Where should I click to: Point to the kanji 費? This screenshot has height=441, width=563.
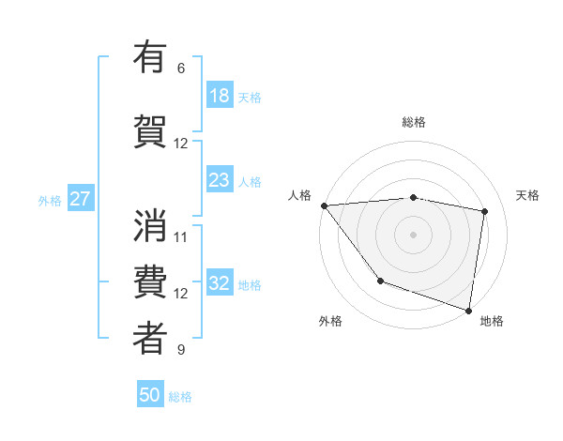click(x=150, y=281)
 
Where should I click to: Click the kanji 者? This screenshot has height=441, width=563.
click(x=150, y=338)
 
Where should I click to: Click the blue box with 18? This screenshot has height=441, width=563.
click(x=220, y=96)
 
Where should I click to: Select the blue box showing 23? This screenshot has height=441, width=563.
click(x=220, y=180)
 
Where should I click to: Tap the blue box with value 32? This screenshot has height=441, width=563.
click(x=220, y=284)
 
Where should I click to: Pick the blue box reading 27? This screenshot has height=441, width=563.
click(x=80, y=199)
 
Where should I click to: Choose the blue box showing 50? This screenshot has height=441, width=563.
click(x=150, y=395)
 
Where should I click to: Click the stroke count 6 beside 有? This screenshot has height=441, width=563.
click(x=181, y=68)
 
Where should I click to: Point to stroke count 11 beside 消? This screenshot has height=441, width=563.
click(x=181, y=236)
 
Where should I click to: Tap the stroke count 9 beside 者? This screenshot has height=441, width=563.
click(x=181, y=350)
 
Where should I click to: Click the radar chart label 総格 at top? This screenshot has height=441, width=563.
click(x=414, y=122)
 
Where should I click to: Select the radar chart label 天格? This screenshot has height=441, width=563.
click(x=528, y=195)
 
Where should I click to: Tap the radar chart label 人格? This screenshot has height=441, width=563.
click(x=299, y=195)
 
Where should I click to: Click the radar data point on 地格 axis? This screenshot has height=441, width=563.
click(x=469, y=310)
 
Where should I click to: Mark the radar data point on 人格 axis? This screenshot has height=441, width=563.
click(x=324, y=205)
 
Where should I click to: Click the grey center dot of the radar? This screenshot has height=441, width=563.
click(x=413, y=234)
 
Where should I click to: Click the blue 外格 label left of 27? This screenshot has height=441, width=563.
click(x=50, y=200)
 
